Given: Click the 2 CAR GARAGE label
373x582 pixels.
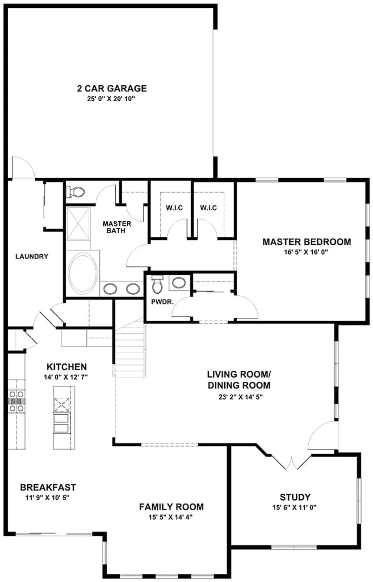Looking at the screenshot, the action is point(112,88).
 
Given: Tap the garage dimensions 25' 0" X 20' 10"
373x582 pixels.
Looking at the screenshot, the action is point(111,99).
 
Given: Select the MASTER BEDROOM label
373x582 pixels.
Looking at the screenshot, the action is point(307,242).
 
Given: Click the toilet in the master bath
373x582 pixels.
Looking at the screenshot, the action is point(75,192).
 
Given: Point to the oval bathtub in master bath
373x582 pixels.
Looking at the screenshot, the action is point(83,273).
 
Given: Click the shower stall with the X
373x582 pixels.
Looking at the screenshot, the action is point(78,223).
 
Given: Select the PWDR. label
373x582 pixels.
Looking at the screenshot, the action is point(162,302).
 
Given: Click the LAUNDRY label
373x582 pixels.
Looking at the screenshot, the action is point(32,256).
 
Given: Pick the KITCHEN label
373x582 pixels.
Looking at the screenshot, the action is point(67,366).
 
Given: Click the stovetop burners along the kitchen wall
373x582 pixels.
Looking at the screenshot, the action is point(16,402).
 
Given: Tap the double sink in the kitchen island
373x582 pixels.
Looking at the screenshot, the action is point(62,424).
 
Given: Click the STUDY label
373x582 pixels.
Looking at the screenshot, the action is point(295,497).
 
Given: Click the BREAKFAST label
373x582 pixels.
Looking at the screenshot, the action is point(48,487).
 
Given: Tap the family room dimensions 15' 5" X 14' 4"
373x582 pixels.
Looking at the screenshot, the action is point(170,517).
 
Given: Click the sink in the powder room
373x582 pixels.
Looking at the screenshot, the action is point(178,283).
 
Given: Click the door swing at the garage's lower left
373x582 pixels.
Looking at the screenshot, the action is point(23,167).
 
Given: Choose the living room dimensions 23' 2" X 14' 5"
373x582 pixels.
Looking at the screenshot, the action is point(240,397).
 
